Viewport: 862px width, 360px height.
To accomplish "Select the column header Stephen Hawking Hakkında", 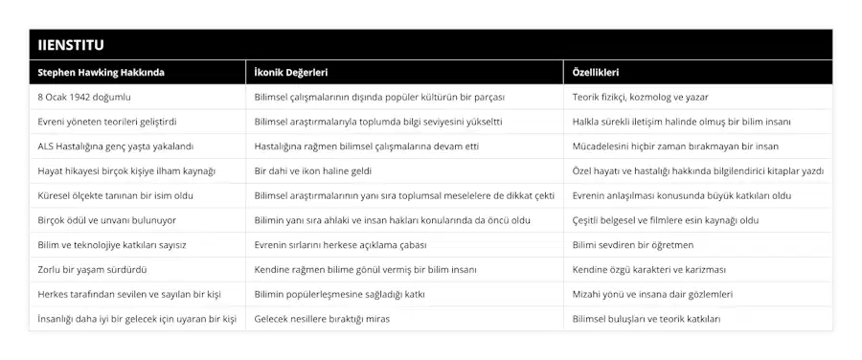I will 101,73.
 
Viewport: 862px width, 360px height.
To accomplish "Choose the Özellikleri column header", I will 595,73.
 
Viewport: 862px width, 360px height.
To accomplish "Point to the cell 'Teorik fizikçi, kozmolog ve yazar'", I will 653,98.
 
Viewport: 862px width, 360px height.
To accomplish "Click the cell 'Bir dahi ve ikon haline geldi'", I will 317,171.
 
